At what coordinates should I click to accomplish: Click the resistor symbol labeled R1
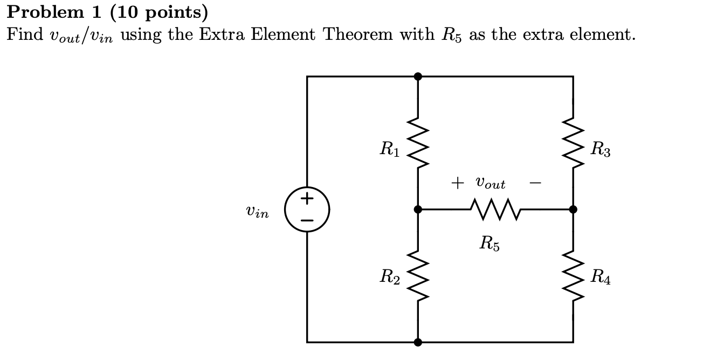(x=417, y=143)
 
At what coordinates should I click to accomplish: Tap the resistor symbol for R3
(x=573, y=143)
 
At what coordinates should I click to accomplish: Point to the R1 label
(x=389, y=149)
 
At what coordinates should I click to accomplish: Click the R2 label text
(x=389, y=278)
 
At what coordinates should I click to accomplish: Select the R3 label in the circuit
(x=600, y=149)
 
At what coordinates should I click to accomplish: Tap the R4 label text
(x=600, y=278)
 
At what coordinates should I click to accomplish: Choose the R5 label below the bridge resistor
(x=489, y=244)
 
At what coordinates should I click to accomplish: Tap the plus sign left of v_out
(x=457, y=183)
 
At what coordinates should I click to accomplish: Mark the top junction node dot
(x=417, y=77)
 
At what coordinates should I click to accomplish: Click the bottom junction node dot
(x=417, y=342)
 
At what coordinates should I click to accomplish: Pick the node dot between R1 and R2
(x=417, y=209)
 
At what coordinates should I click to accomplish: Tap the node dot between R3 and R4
(x=573, y=209)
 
